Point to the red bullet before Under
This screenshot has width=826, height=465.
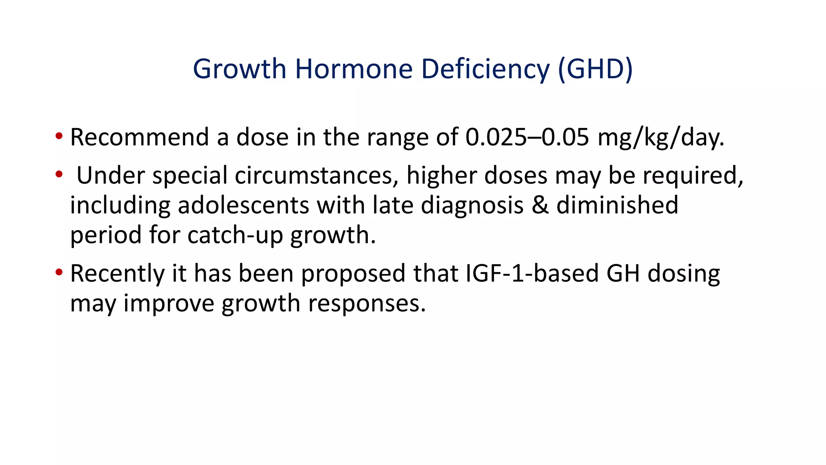point(59,174)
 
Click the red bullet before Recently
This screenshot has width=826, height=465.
point(59,272)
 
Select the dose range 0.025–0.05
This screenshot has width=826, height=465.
point(527,137)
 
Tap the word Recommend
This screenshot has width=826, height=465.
point(139,137)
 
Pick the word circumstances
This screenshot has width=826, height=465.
point(317,176)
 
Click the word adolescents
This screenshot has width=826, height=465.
point(243,205)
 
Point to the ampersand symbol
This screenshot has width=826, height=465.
point(540,205)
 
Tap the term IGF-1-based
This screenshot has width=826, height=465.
point(532,273)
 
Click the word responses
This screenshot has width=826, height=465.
point(367,303)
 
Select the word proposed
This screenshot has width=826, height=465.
point(353,273)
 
